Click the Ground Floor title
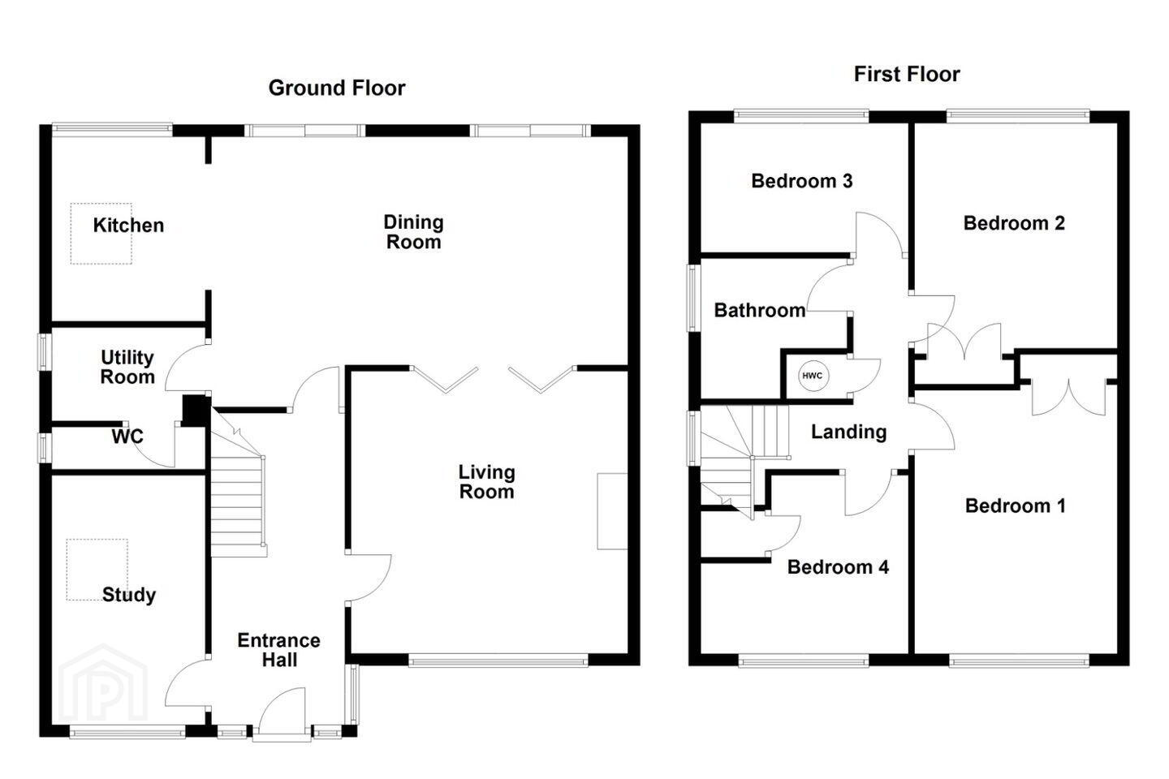pyautogui.click(x=337, y=88)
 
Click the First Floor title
pyautogui.click(x=907, y=74)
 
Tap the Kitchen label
pyautogui.click(x=128, y=226)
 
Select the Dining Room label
pyautogui.click(x=414, y=232)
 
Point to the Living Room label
pyautogui.click(x=487, y=482)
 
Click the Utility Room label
pyautogui.click(x=127, y=368)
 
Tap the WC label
pyautogui.click(x=127, y=437)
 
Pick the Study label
pyautogui.click(x=129, y=595)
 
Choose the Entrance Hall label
pyautogui.click(x=279, y=650)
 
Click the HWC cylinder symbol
pyautogui.click(x=813, y=376)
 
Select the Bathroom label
pyautogui.click(x=760, y=311)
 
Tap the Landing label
pyautogui.click(x=849, y=432)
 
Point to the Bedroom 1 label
pyautogui.click(x=1016, y=506)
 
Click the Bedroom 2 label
pyautogui.click(x=1014, y=223)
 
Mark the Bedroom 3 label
pyautogui.click(x=802, y=181)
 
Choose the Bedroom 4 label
pyautogui.click(x=838, y=567)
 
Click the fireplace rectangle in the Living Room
pyautogui.click(x=612, y=511)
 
